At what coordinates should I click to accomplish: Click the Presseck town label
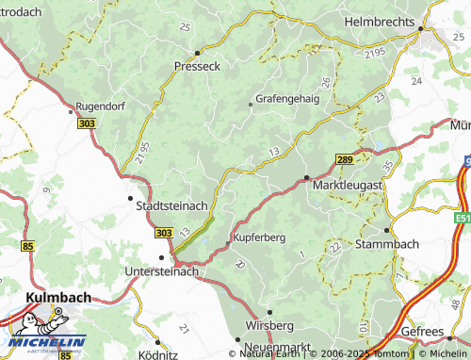(198, 67)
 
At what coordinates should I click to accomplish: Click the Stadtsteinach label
(173, 205)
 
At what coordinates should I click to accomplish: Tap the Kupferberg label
(259, 237)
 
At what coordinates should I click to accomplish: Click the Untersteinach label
(162, 271)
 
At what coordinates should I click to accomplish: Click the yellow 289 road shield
(346, 161)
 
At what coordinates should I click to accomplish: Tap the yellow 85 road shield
(27, 247)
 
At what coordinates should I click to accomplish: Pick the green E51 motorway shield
(461, 218)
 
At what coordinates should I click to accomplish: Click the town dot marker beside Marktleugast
(306, 176)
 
